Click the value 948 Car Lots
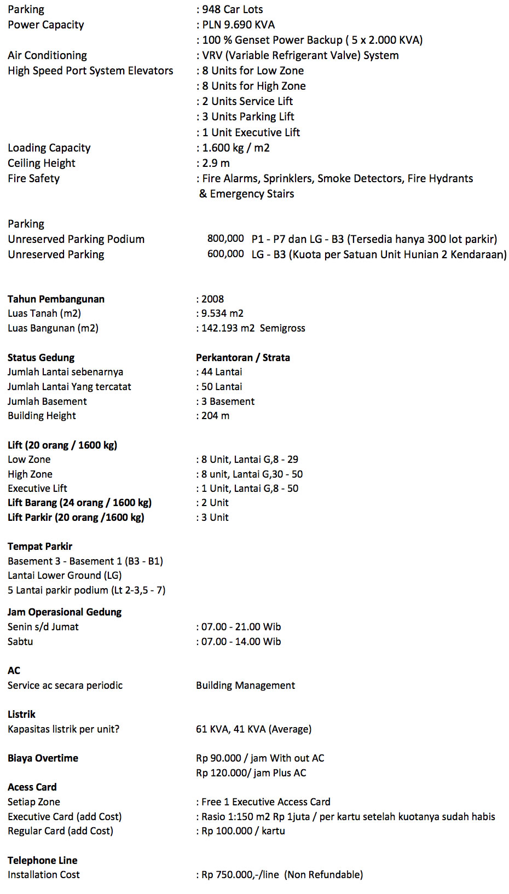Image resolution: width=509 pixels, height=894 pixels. (x=232, y=9)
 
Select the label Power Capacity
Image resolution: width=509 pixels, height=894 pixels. (x=46, y=25)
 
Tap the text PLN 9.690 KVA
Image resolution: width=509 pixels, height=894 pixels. (x=238, y=25)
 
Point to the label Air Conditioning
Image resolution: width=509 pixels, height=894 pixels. (x=47, y=55)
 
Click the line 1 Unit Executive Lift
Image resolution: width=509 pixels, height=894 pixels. (x=251, y=132)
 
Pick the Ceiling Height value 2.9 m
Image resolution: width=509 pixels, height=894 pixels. (x=216, y=163)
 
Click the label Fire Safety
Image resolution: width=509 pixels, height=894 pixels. (x=33, y=178)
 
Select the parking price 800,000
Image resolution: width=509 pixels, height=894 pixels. (x=225, y=239)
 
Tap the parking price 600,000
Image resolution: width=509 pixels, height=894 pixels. (x=225, y=254)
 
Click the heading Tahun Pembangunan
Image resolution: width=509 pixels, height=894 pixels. (x=56, y=299)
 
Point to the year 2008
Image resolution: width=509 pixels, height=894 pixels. (x=212, y=299)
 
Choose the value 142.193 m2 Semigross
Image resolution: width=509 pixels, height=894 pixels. (x=253, y=328)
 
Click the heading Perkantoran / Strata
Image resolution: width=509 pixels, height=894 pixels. (x=243, y=358)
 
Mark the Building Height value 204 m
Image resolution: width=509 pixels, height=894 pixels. (x=215, y=416)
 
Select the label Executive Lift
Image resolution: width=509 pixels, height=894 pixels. (x=37, y=489)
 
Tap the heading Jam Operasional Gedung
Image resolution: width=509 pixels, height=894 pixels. (x=65, y=612)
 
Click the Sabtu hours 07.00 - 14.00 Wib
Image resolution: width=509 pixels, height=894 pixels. (x=241, y=642)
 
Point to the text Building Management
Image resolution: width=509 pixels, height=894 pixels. (x=245, y=686)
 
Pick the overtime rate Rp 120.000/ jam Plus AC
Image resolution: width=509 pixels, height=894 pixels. (x=251, y=773)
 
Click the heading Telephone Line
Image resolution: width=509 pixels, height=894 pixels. (x=43, y=861)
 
